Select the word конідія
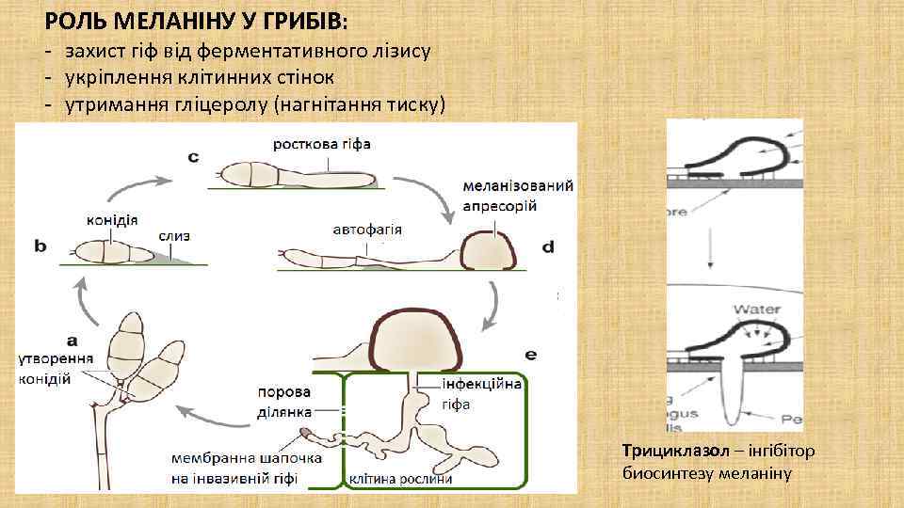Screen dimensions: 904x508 coord(112,219)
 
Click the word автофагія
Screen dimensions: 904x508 coord(367,228)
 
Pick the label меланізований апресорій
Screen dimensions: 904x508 coord(518,196)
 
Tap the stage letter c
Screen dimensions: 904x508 coord(193,157)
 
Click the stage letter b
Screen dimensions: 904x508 coord(41,246)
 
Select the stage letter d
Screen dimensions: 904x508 coord(547,246)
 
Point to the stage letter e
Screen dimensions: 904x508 coord(531,355)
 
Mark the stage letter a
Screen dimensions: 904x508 coord(72,339)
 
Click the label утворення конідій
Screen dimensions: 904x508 coord(56,369)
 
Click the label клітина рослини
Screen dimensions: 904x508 coord(400,479)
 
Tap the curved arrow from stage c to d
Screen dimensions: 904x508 coord(435,193)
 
